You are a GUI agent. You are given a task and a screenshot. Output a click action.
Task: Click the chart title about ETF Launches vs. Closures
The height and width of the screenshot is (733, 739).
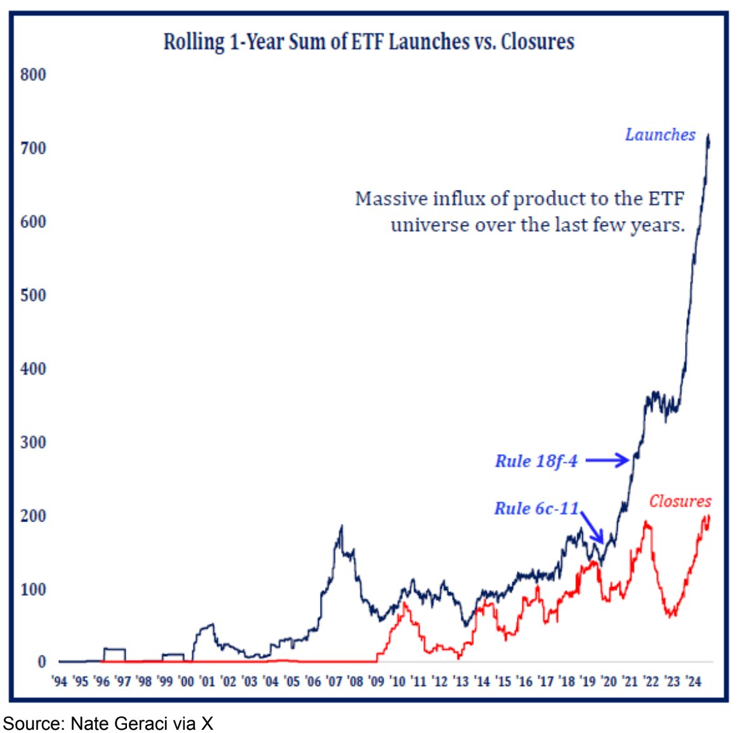[369, 42]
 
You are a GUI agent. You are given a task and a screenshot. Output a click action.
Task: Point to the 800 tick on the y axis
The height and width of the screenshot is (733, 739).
[33, 75]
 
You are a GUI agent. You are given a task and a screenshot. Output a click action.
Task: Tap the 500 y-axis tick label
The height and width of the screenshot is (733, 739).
[33, 295]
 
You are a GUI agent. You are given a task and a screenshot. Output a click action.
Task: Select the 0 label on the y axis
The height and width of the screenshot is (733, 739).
[42, 662]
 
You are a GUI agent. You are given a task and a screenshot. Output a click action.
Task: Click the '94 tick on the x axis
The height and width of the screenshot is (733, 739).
[59, 682]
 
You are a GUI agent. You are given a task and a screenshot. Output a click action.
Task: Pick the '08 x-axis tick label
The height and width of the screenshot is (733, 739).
[356, 682]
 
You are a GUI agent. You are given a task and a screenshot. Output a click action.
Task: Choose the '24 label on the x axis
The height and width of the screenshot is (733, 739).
[693, 682]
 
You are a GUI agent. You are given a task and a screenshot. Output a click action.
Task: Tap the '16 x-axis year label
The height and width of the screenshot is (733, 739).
[524, 682]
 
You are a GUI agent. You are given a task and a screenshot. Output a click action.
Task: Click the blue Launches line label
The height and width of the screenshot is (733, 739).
[660, 135]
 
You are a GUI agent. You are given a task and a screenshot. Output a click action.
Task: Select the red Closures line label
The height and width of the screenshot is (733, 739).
[680, 501]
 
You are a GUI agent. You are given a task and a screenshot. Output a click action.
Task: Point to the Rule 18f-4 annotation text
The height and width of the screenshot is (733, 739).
[536, 461]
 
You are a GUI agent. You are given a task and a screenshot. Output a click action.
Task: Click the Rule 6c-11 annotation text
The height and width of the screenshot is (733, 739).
[536, 508]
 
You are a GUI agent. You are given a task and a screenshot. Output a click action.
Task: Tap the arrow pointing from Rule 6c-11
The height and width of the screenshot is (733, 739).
[592, 526]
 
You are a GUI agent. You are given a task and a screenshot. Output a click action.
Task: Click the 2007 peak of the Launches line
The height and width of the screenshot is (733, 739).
[342, 527]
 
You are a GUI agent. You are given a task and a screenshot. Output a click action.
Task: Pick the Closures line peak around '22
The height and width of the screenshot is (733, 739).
[647, 522]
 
